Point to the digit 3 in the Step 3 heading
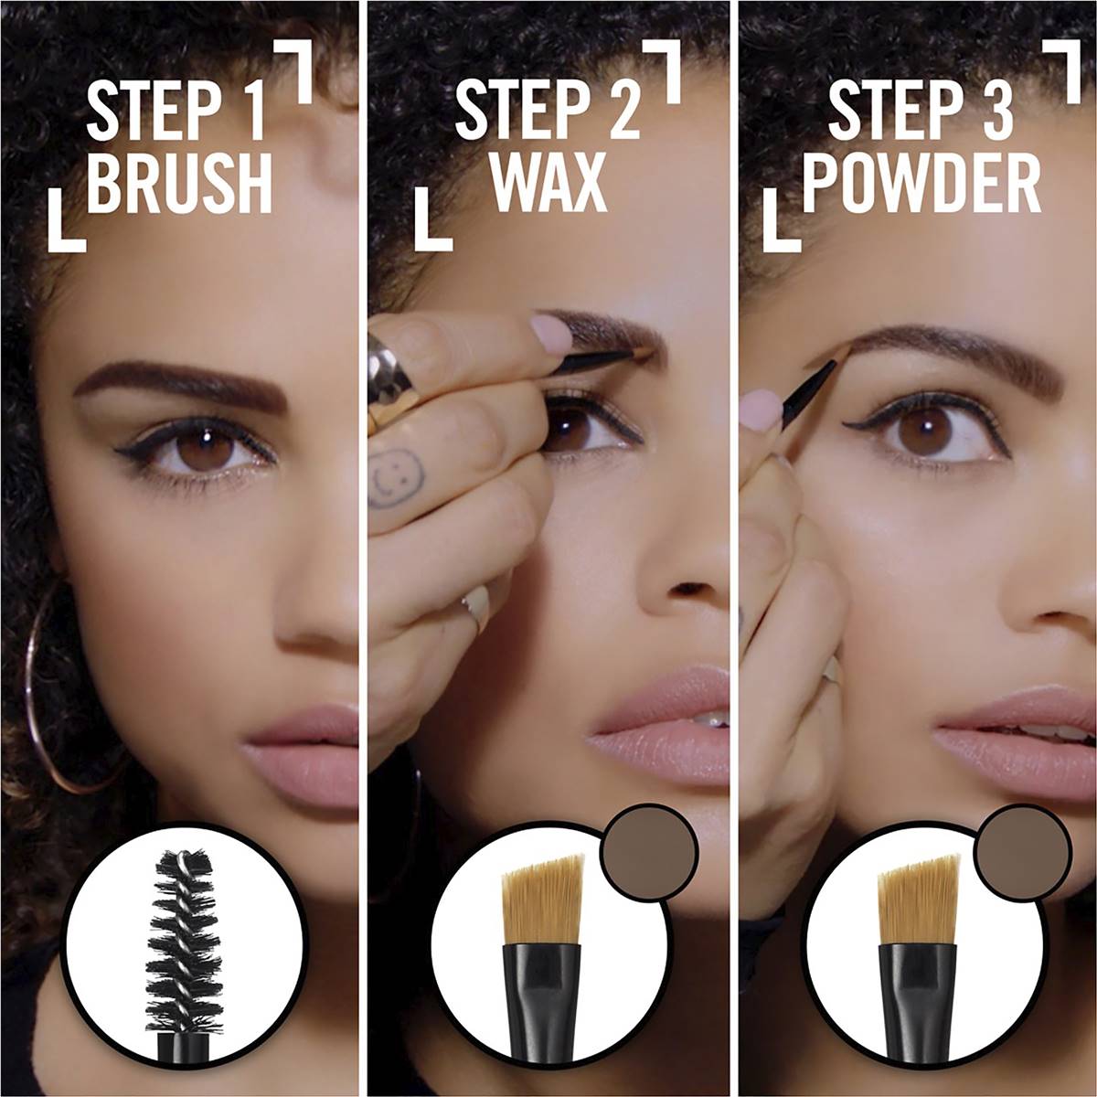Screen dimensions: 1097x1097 (997, 112)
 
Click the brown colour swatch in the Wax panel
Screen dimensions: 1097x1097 (649, 852)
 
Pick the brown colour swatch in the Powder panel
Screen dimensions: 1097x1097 (1022, 852)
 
